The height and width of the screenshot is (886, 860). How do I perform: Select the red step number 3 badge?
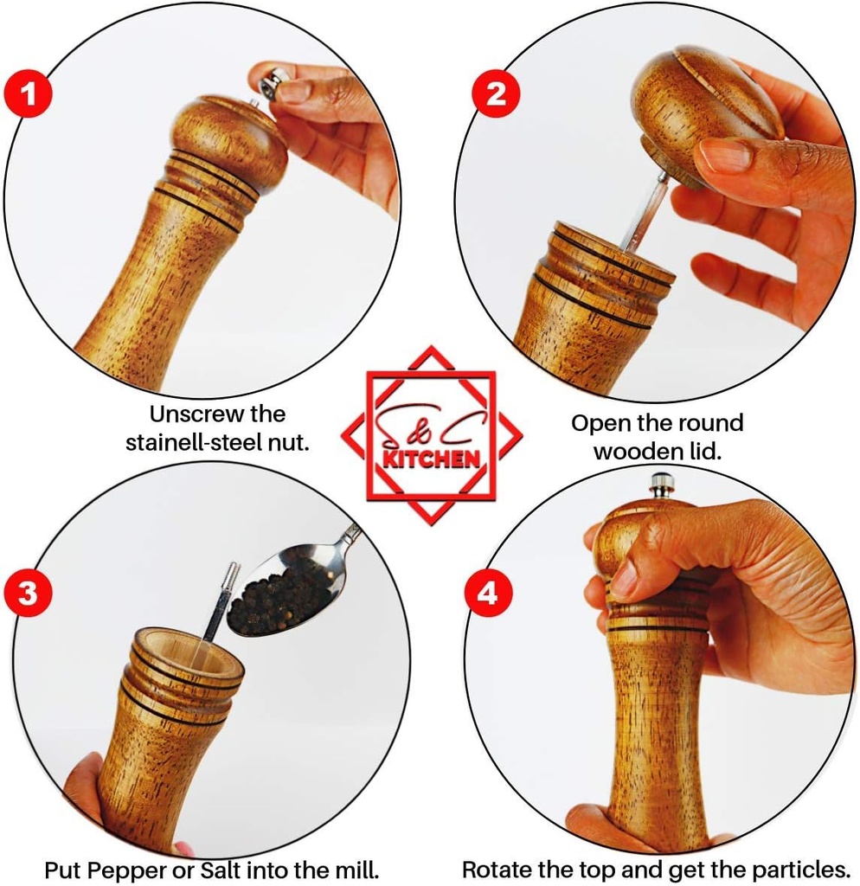coord(29,594)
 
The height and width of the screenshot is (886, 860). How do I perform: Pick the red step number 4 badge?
coord(488,594)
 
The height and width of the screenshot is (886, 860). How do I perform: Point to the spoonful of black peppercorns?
coord(279,595)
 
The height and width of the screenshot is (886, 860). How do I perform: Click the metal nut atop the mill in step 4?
coord(662,485)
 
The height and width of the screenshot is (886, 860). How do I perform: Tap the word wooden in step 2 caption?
coord(643,451)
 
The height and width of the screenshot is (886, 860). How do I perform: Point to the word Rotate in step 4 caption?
coord(498,869)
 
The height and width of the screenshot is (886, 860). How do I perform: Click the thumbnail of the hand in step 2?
coord(724,156)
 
